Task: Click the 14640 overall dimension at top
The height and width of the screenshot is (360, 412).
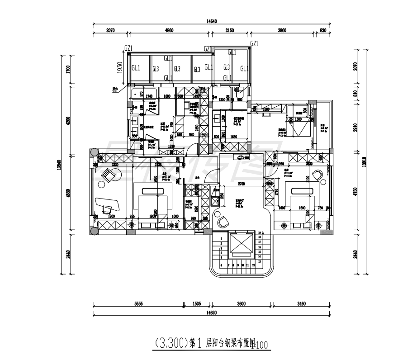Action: [212, 21]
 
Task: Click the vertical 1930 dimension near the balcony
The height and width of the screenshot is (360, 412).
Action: [120, 68]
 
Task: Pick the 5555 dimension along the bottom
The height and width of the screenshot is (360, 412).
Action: [138, 304]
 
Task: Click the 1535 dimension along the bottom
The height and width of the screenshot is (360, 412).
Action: [197, 304]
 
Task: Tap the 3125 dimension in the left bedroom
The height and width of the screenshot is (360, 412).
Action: [158, 165]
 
